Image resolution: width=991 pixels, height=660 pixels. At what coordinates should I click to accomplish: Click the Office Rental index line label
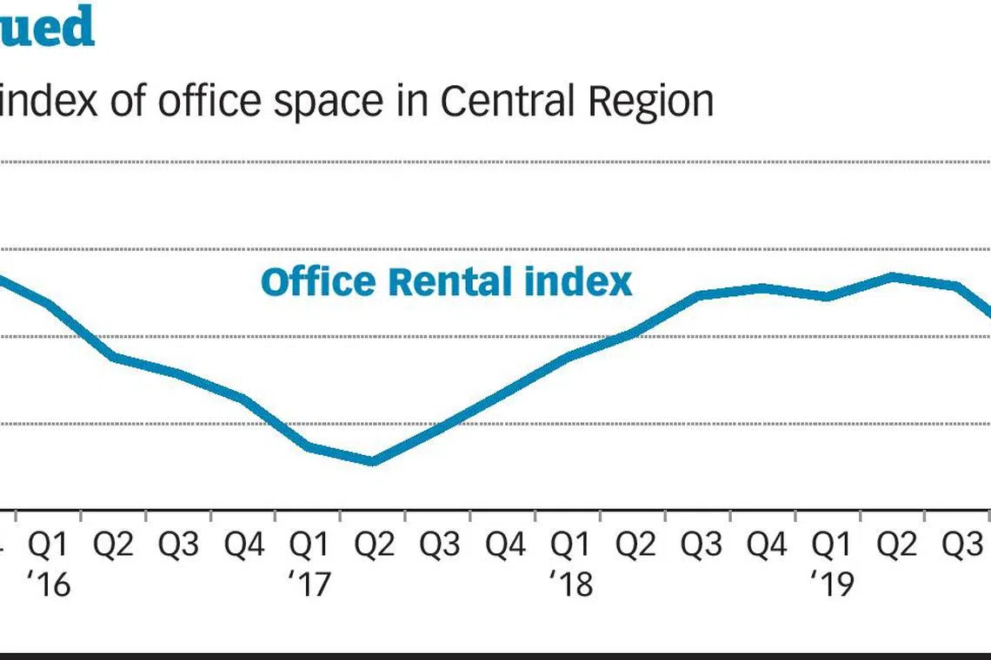coord(446,282)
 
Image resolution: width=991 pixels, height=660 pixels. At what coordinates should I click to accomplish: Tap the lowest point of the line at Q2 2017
coord(373,461)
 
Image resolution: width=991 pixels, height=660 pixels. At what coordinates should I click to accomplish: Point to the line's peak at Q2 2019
coord(893,277)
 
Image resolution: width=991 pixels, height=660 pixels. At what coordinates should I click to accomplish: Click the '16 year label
coord(48,584)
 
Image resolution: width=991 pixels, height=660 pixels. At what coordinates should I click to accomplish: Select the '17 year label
coord(309,584)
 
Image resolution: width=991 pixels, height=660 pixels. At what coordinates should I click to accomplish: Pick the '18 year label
coord(570,584)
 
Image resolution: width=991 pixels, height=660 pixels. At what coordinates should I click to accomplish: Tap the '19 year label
coord(832,584)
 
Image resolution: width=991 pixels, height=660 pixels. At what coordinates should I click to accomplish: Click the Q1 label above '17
coord(309,545)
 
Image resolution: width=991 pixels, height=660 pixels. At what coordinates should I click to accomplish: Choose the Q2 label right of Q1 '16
coord(114,545)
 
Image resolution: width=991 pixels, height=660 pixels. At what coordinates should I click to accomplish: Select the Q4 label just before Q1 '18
coord(505,545)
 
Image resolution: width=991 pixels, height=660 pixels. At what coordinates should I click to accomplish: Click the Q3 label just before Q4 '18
coord(701,545)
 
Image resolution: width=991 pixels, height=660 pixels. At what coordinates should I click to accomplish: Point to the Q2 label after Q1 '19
coord(896,545)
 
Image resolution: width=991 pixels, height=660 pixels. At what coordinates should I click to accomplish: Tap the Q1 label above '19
coord(832,545)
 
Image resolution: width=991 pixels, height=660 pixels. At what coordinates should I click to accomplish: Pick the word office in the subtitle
coord(209,102)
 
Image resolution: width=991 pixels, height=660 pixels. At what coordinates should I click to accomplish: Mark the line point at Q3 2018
coord(699,295)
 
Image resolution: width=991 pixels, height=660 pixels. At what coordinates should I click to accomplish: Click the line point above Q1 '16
coord(49,305)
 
